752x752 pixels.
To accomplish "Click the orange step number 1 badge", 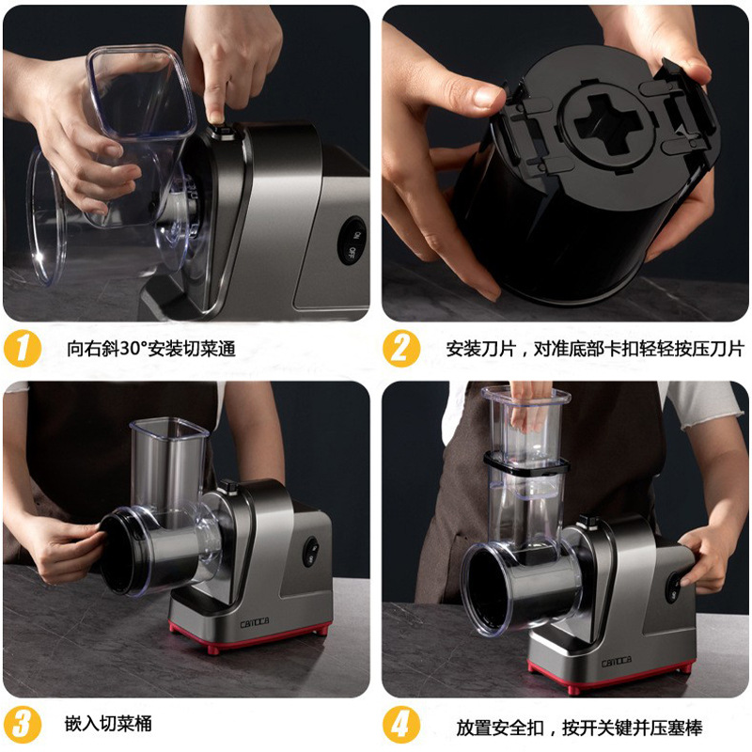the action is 23,349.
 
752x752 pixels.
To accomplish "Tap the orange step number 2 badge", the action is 401,349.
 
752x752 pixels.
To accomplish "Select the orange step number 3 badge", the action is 22,724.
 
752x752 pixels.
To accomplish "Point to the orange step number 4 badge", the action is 401,724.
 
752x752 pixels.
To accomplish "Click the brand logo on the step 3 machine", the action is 255,623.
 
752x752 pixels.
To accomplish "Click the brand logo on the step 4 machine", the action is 617,662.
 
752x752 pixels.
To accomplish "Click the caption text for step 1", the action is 151,349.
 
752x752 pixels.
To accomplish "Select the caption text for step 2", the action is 595,349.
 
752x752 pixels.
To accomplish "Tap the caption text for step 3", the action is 108,724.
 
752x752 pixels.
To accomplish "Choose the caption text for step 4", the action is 579,728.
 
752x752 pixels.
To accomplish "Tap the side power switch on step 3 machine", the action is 311,552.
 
